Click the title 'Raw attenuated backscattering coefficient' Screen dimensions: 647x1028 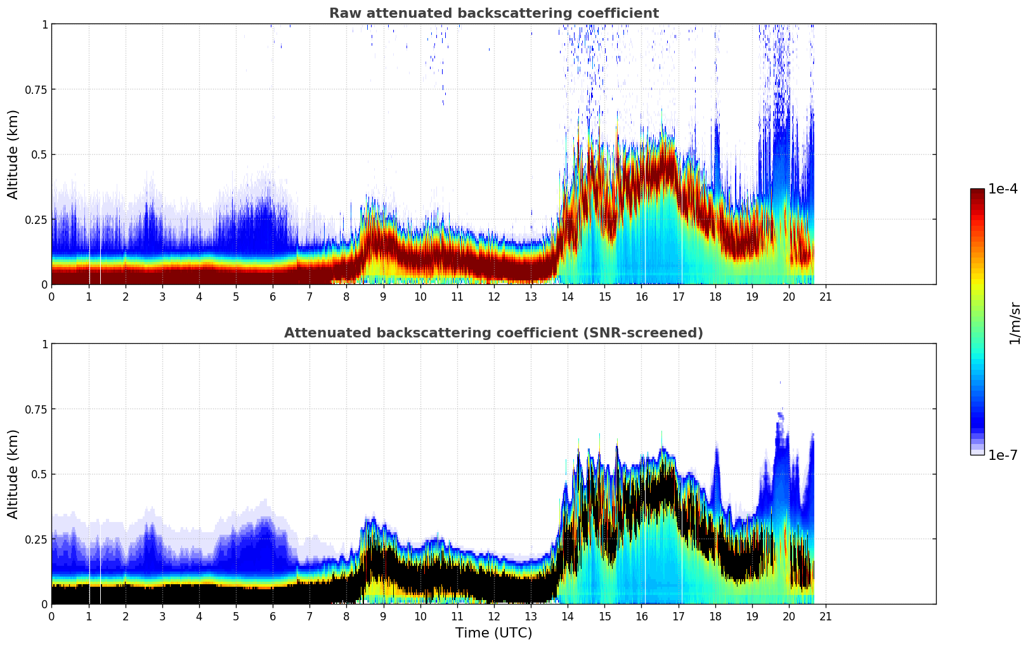click(493, 13)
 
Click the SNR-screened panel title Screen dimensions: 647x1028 click(493, 333)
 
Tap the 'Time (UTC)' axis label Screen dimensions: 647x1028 click(493, 633)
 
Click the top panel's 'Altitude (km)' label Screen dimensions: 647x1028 click(13, 154)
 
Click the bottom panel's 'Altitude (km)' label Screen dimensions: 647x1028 click(13, 474)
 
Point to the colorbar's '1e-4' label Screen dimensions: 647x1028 click(1003, 189)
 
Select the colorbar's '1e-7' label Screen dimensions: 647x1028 click(1003, 455)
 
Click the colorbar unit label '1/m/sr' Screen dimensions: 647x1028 click(1014, 323)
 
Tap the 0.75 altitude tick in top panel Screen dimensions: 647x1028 click(36, 89)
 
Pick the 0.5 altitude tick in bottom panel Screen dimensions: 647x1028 click(39, 474)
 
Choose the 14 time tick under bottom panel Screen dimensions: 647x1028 click(568, 616)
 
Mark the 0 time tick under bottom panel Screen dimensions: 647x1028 click(52, 616)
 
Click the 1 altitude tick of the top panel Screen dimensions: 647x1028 click(44, 24)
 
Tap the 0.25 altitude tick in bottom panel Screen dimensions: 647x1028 click(36, 539)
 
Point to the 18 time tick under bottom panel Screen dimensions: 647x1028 click(715, 616)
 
